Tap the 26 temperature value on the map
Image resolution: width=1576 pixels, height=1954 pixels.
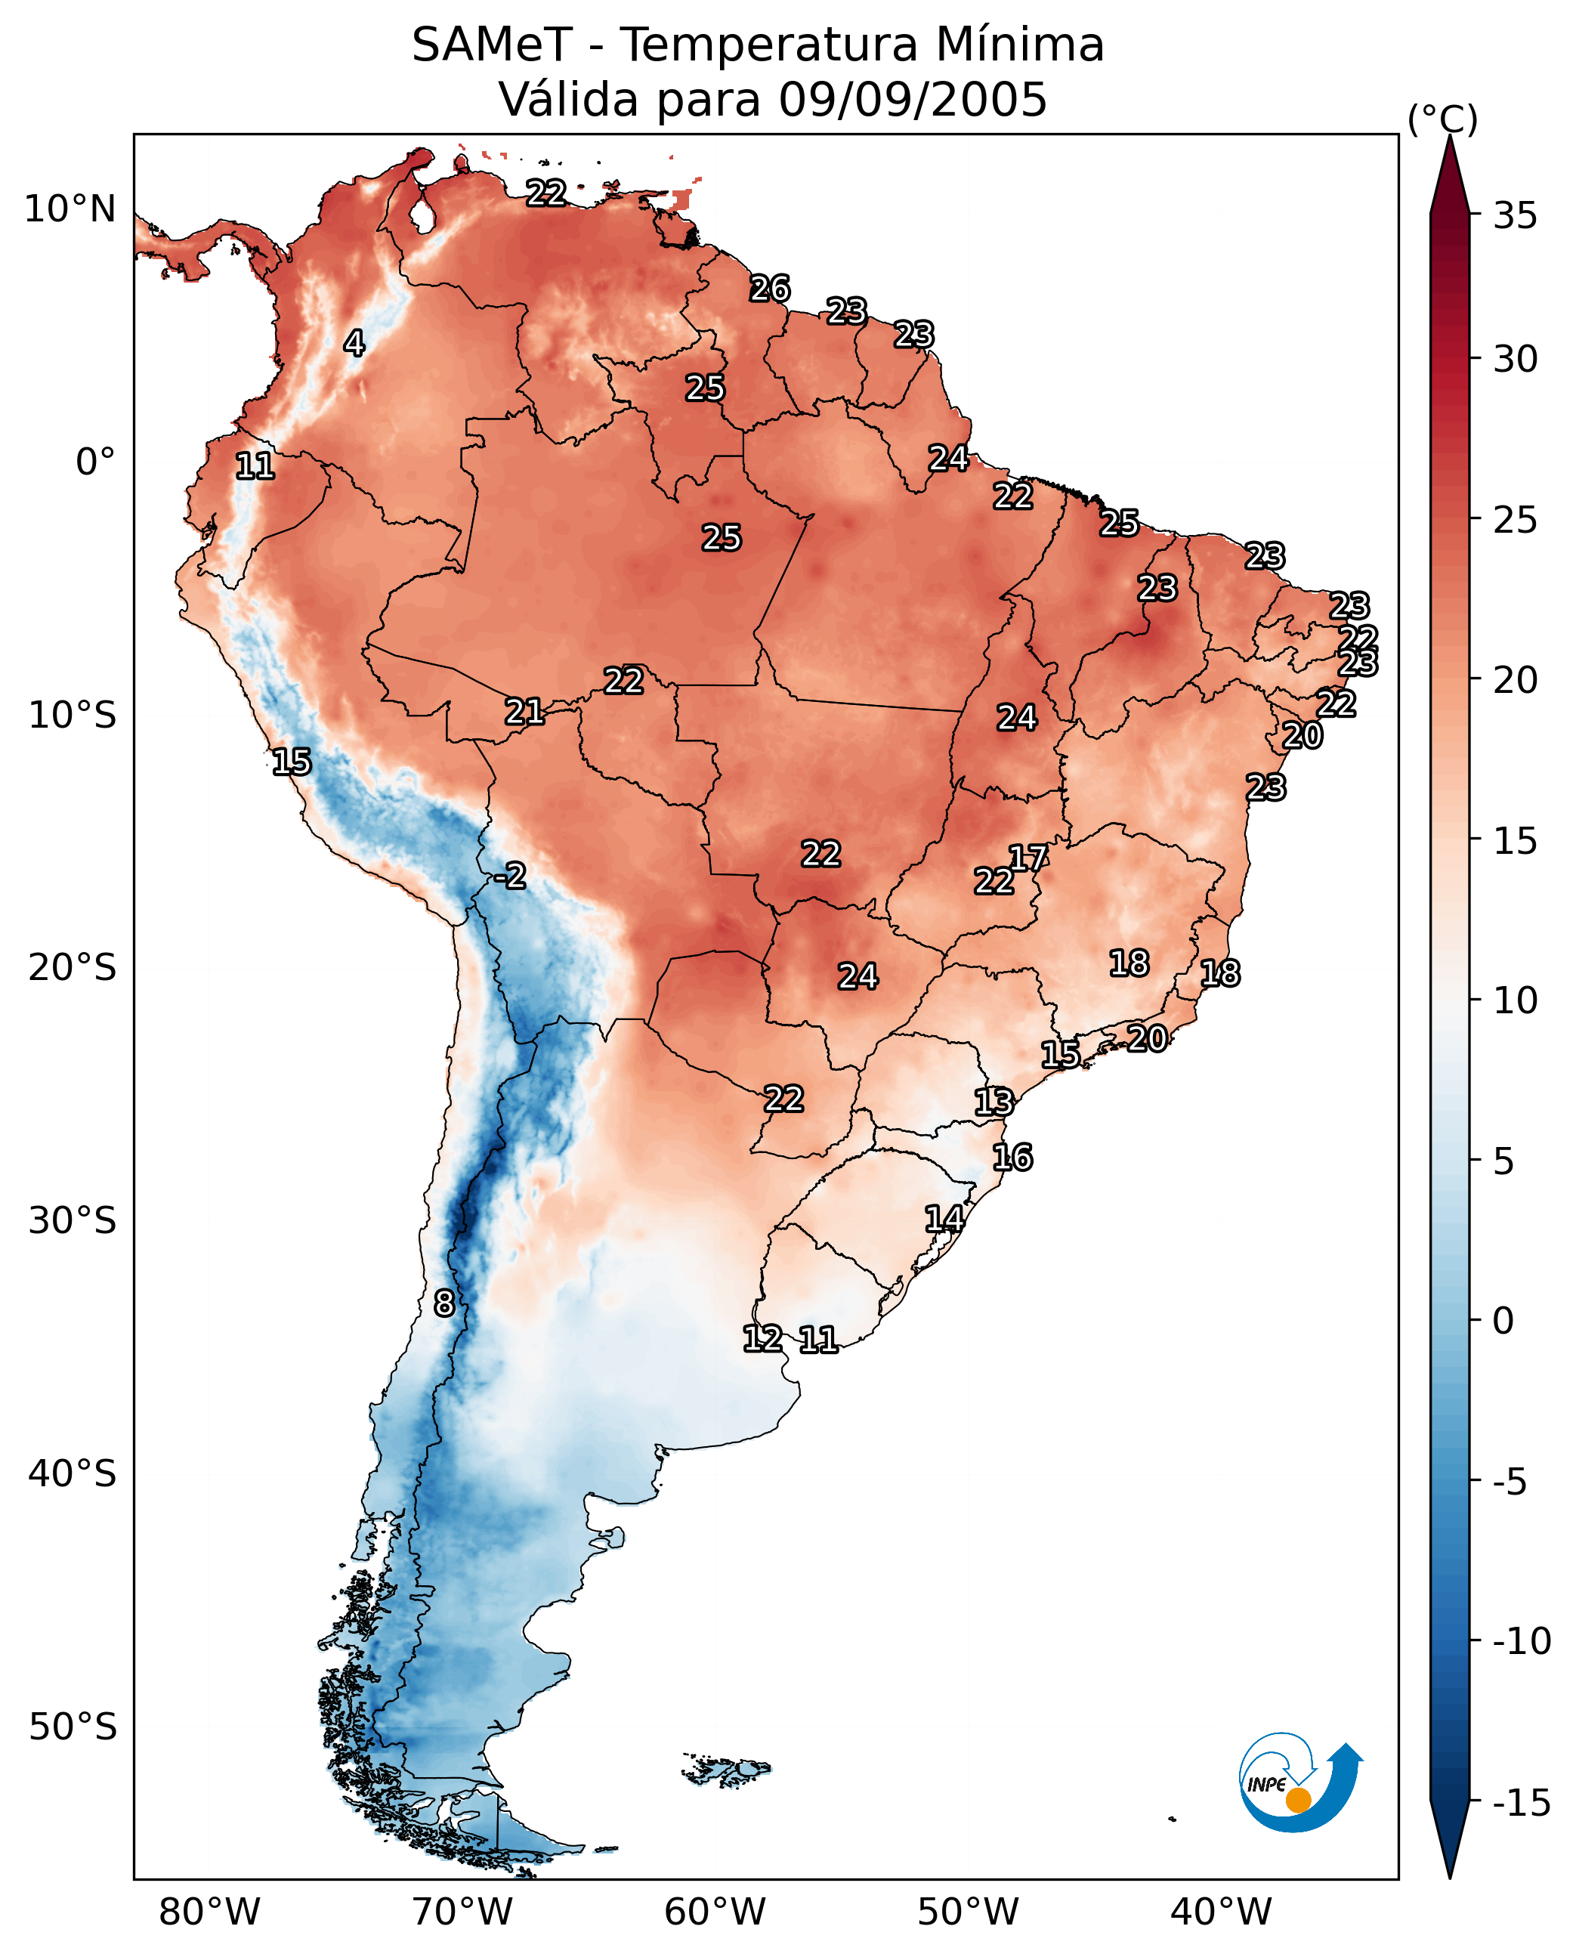[770, 289]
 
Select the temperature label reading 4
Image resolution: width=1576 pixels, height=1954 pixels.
[354, 343]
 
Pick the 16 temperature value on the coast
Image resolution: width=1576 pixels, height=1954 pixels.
[1012, 1158]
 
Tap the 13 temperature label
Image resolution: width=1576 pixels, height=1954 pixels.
[994, 1102]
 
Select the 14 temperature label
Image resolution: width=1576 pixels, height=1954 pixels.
[944, 1220]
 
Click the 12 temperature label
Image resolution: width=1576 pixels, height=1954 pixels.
[762, 1338]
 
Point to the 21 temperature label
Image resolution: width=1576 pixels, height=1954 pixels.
[525, 712]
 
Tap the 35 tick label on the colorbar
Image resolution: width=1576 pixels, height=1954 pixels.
[1515, 216]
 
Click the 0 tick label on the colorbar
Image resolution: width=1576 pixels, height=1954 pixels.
[1503, 1321]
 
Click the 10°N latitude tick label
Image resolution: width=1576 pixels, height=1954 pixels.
[70, 210]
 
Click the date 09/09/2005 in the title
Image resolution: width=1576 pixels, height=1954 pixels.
[913, 99]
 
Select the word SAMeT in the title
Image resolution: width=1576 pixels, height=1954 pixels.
[491, 45]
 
